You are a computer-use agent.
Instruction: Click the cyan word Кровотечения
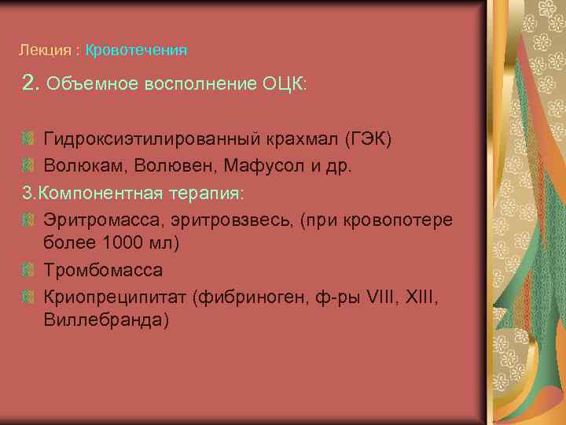pos(136,50)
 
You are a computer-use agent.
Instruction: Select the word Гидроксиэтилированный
pos(145,139)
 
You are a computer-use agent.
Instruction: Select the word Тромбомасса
pos(103,270)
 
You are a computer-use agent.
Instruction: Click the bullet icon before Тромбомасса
pos(27,271)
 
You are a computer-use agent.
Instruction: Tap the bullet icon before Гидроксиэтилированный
pos(27,140)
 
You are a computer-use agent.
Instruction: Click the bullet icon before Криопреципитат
pos(27,297)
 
